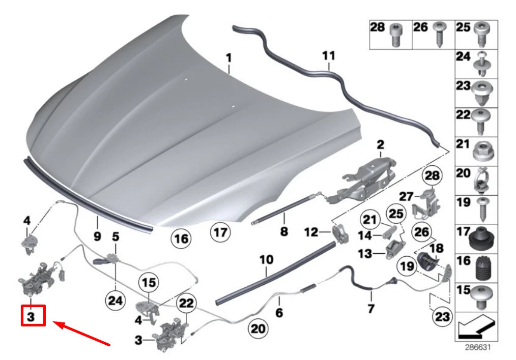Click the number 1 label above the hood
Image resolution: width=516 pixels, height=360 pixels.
click(228, 58)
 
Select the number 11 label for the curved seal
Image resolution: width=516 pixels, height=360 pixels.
click(329, 55)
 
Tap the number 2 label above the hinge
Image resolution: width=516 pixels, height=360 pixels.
click(380, 145)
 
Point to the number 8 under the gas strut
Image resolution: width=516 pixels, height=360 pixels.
click(284, 232)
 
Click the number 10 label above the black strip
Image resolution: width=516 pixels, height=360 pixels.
click(266, 260)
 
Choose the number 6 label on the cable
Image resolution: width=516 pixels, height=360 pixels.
click(279, 313)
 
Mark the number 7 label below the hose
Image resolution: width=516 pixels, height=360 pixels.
click(371, 308)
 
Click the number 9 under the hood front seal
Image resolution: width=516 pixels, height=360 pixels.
click(97, 236)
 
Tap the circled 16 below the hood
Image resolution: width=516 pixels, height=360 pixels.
click(182, 237)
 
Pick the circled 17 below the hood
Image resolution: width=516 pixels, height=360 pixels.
click(220, 233)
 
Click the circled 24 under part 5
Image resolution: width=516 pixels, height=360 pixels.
click(116, 301)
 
